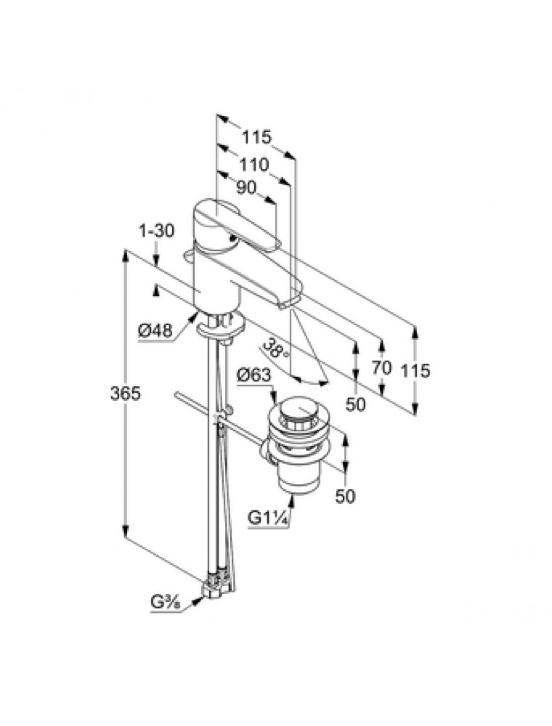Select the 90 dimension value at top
tap(247, 187)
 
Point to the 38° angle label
tap(277, 348)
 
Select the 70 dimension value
tap(382, 368)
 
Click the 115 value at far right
tap(416, 370)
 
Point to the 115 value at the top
tap(256, 136)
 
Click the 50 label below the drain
tap(346, 497)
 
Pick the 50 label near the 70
tap(355, 404)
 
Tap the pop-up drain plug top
tap(294, 413)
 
